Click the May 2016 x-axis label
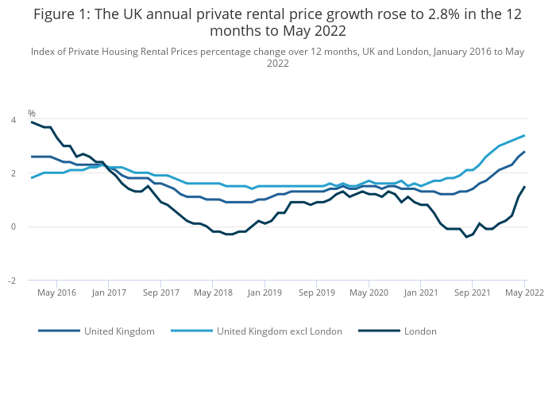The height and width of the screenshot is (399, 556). point(57,292)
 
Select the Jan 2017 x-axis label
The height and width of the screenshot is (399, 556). point(109,292)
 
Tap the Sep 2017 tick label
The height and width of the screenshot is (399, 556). point(161,292)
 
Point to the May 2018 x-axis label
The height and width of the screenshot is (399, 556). point(213,292)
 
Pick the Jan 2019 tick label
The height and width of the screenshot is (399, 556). point(264,292)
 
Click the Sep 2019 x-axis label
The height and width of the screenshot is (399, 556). point(317,292)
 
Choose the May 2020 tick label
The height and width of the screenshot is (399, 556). point(369,292)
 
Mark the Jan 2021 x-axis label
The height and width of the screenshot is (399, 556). point(421,292)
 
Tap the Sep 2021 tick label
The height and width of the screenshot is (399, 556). point(473,292)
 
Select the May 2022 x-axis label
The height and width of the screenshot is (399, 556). point(524,292)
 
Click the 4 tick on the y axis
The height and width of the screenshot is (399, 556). point(13,119)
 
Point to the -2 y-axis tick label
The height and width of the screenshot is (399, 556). point(11,281)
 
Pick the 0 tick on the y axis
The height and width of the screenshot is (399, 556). point(13,227)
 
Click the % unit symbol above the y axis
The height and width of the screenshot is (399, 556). point(32,113)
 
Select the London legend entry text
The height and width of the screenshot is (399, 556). point(420,331)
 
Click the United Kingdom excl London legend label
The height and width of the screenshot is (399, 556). point(280,331)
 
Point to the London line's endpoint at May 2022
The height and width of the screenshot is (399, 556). point(524,187)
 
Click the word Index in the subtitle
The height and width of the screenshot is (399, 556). point(44,52)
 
